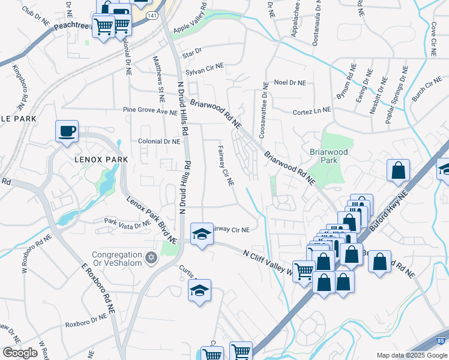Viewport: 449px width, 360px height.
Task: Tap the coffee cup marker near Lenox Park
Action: point(67,131)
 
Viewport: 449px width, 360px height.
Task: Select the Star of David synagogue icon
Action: point(151,258)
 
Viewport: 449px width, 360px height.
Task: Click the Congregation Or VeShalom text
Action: point(117,258)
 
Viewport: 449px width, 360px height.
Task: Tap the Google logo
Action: point(20,353)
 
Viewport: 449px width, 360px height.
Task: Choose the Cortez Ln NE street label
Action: point(312,110)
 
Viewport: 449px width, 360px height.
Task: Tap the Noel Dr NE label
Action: point(289,82)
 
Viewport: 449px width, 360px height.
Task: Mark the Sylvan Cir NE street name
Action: point(203,71)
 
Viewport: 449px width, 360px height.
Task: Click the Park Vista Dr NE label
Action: point(126,225)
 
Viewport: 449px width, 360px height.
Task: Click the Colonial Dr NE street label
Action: point(159,142)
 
